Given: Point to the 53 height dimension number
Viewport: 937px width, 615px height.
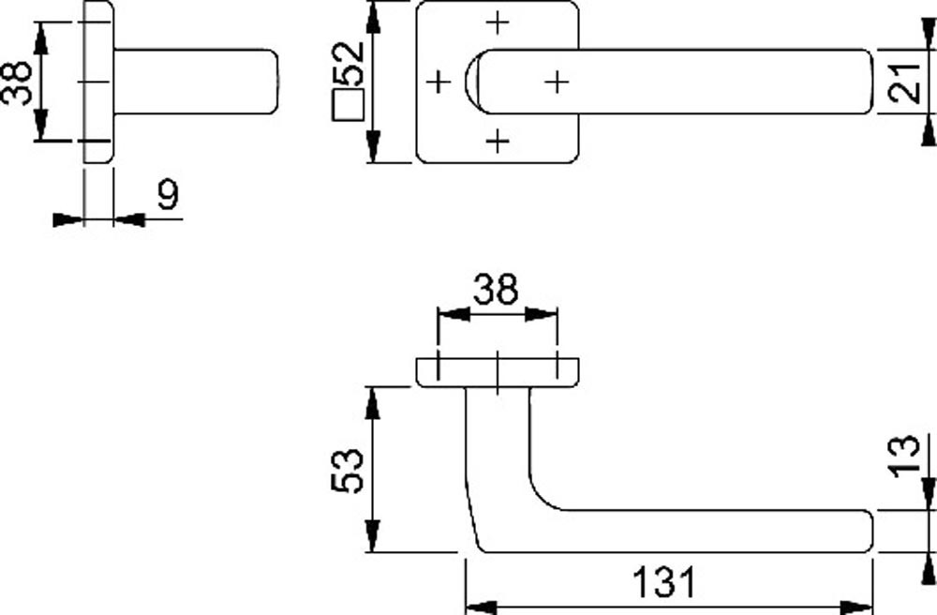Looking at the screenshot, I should (346, 470).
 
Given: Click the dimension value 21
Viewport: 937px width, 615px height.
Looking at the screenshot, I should (905, 82).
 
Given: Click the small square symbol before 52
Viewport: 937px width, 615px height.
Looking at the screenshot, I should (349, 105).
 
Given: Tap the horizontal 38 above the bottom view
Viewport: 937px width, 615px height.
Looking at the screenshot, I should (495, 291).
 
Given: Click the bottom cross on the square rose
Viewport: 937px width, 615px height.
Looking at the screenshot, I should (498, 142).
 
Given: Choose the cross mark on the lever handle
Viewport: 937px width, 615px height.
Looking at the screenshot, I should (558, 82).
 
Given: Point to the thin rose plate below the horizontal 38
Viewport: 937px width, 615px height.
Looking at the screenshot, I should (498, 371).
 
